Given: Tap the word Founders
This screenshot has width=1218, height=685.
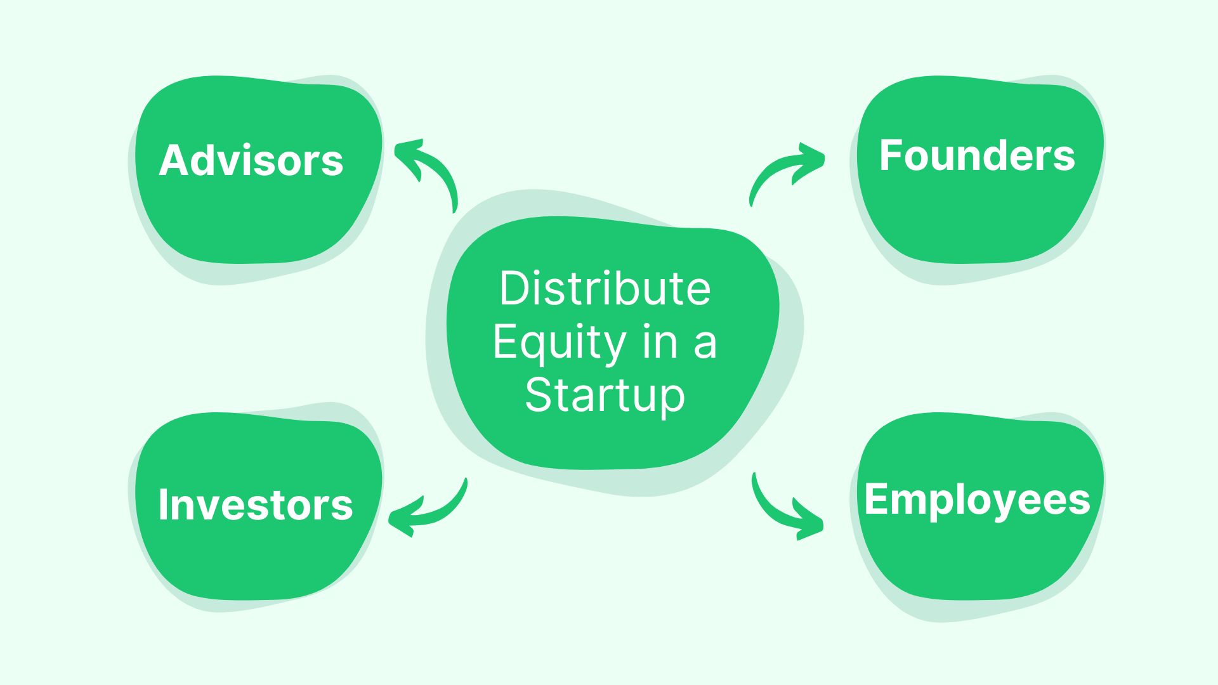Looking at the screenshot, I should [977, 155].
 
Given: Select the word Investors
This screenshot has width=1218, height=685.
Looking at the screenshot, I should [255, 505].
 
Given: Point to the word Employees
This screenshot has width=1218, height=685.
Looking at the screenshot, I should [977, 500].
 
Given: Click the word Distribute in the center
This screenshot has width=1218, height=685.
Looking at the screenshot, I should [605, 289].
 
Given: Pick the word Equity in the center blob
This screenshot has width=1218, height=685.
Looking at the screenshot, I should [551, 343].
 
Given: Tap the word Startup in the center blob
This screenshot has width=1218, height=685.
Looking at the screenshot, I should [605, 395].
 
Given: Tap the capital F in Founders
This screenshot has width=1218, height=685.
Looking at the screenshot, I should [891, 155].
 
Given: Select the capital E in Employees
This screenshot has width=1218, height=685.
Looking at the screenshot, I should [877, 500].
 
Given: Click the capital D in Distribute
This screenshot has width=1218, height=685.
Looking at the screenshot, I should [516, 289].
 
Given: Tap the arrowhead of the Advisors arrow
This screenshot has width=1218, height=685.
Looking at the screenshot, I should [406, 152].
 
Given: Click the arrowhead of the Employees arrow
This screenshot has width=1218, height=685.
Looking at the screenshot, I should [808, 521].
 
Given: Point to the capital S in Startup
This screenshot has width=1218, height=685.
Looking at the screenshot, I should [539, 395].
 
